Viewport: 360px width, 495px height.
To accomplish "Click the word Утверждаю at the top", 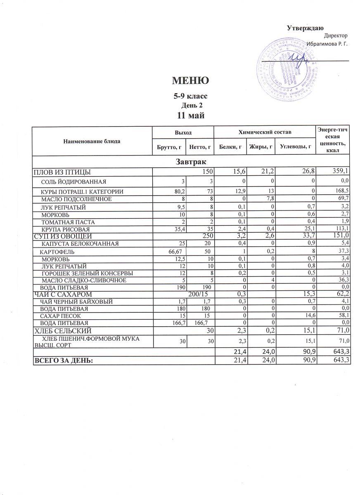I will pos(305,28).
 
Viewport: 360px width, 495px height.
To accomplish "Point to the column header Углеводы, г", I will pos(295,146).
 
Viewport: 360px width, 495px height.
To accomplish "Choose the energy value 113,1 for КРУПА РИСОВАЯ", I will pos(342,229).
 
